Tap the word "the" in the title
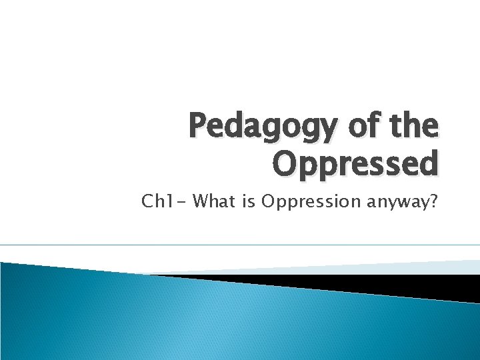coord(413,127)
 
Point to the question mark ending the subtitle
coord(433,201)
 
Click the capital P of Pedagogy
coord(198,127)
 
